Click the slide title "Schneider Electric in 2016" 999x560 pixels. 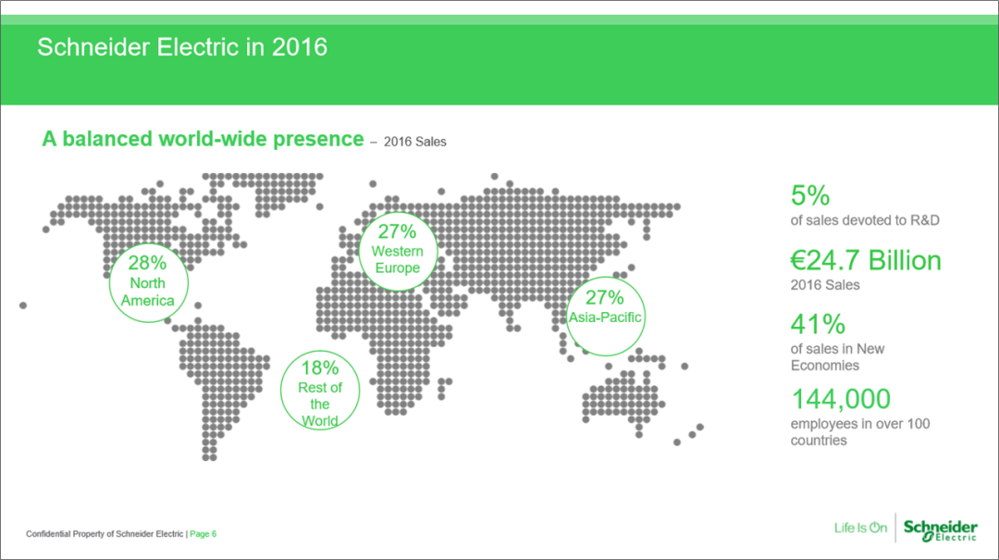click(182, 47)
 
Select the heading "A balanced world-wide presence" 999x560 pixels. click(203, 139)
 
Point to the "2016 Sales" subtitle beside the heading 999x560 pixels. click(414, 142)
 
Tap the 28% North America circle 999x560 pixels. click(148, 243)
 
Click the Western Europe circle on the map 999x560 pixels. click(398, 212)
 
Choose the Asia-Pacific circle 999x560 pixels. click(605, 278)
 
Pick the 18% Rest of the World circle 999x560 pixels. click(320, 351)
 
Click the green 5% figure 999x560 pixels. click(809, 195)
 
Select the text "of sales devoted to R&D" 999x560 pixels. click(865, 220)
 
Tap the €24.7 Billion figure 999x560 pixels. click(866, 260)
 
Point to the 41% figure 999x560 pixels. click(818, 324)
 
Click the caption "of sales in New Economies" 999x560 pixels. click(837, 357)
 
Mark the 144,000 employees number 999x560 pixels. click(840, 399)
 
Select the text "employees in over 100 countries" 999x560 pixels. click(860, 431)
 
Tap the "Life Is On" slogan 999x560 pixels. click(860, 528)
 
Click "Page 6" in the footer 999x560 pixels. click(203, 534)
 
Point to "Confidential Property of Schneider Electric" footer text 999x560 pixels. click(105, 534)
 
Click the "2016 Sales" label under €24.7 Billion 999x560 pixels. click(825, 284)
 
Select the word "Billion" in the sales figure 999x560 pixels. click(905, 260)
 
